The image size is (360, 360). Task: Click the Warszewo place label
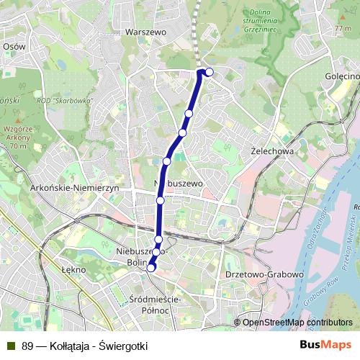pyautogui.click(x=145, y=32)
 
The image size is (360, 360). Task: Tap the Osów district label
pyautogui.click(x=14, y=45)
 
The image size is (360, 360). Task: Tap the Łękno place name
pyautogui.click(x=73, y=269)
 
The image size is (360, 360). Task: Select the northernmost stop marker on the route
pyautogui.click(x=210, y=71)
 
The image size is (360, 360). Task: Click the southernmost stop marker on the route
pyautogui.click(x=151, y=269)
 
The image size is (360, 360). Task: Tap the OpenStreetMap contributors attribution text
pyautogui.click(x=297, y=323)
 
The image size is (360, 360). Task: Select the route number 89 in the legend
pyautogui.click(x=27, y=346)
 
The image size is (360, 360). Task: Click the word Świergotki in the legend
pyautogui.click(x=126, y=346)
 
